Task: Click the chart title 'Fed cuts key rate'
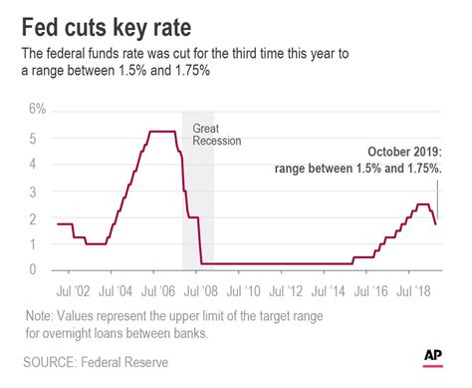pyautogui.click(x=116, y=21)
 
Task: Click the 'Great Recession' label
pyautogui.click(x=210, y=134)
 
